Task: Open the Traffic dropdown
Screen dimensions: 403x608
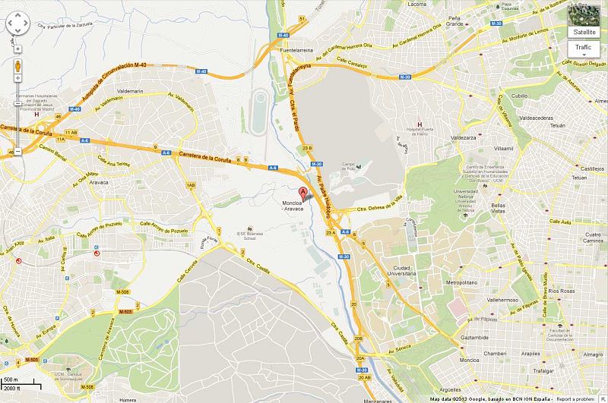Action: click(586, 48)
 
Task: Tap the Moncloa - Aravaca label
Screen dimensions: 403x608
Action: click(292, 215)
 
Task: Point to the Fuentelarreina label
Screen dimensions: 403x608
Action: click(297, 51)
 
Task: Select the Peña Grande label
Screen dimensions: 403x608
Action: click(455, 20)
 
